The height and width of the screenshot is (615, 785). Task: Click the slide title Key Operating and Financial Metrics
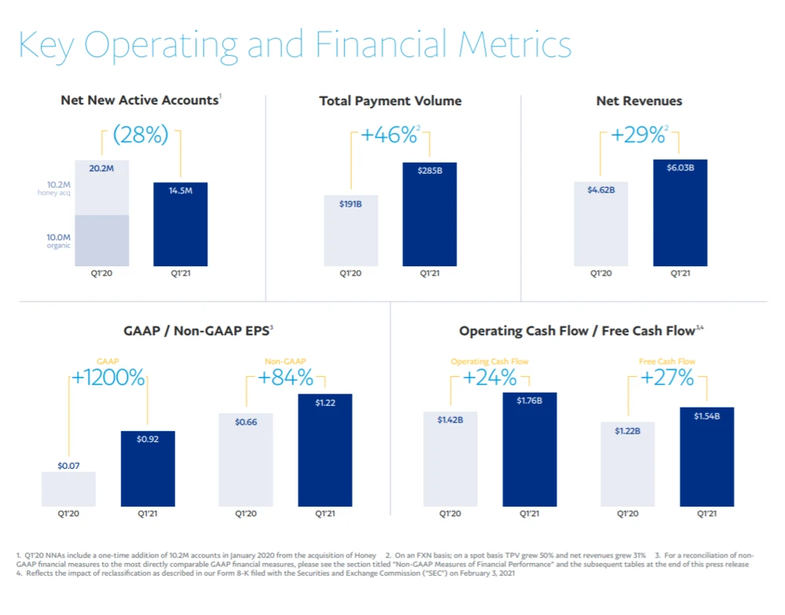pyautogui.click(x=294, y=45)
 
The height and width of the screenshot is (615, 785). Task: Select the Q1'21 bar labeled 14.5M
pyautogui.click(x=181, y=224)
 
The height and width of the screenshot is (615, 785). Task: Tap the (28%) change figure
pyautogui.click(x=141, y=135)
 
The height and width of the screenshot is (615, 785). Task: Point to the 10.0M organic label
pyautogui.click(x=57, y=240)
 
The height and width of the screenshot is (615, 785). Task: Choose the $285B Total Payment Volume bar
pyautogui.click(x=429, y=214)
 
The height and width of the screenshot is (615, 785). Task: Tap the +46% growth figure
pyautogui.click(x=389, y=135)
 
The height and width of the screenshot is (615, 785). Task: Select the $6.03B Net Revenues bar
pyautogui.click(x=680, y=212)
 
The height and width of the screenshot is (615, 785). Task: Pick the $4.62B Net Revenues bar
pyautogui.click(x=601, y=224)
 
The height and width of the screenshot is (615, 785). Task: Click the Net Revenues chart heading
pyautogui.click(x=639, y=101)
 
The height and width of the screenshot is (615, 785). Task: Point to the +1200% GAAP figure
pyautogui.click(x=108, y=379)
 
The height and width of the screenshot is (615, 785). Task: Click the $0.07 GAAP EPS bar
pyautogui.click(x=68, y=489)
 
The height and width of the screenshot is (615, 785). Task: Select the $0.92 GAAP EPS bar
pyautogui.click(x=148, y=468)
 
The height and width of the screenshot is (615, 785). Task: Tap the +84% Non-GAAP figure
pyautogui.click(x=286, y=379)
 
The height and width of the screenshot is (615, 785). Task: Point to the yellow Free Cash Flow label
pyautogui.click(x=667, y=361)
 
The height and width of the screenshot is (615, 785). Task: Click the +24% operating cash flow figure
pyautogui.click(x=489, y=379)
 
